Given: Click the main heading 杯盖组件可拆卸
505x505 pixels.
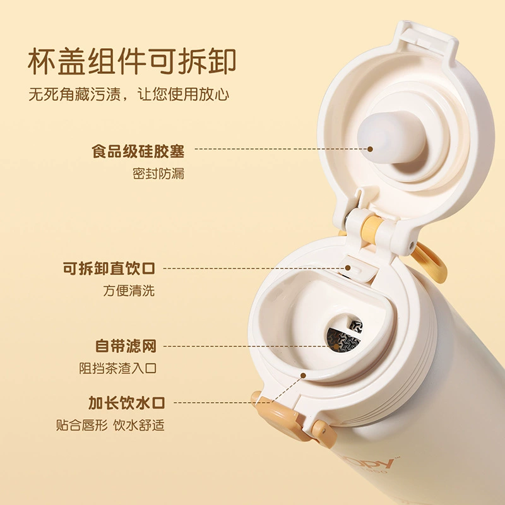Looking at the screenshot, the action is click(132, 61).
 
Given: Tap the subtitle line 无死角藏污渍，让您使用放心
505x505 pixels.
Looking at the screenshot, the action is click(129, 94).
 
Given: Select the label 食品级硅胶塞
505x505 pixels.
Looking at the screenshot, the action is click(138, 151).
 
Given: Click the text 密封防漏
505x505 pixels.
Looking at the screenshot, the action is click(158, 174).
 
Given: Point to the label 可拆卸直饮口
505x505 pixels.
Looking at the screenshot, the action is click(109, 268).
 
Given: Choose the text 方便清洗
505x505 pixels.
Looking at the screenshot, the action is click(129, 290).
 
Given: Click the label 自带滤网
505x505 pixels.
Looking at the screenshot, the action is click(126, 346).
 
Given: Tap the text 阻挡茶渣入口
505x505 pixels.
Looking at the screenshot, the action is click(118, 368).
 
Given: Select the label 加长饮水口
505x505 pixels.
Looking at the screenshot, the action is click(127, 403).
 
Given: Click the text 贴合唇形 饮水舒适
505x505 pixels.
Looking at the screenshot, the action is click(110, 425).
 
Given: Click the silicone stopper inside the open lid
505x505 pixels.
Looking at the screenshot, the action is click(391, 137).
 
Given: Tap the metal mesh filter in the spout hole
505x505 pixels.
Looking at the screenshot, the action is click(344, 336).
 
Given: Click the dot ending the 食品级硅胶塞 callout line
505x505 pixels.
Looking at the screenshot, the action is click(371, 149).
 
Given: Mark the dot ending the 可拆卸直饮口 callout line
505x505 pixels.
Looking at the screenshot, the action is click(348, 268).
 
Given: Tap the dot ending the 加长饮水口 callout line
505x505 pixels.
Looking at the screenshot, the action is click(303, 376).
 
